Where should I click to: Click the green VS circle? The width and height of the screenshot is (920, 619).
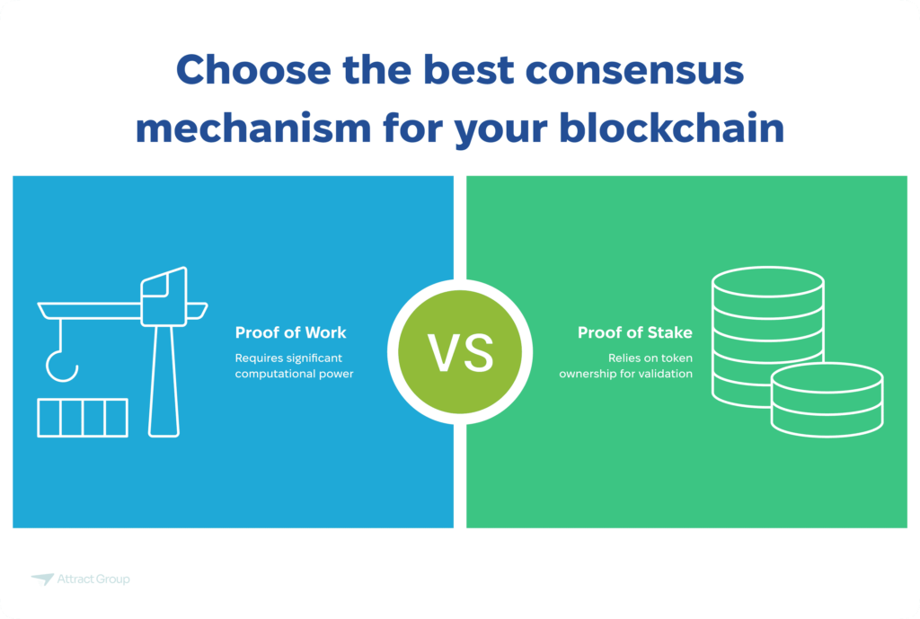pyautogui.click(x=459, y=352)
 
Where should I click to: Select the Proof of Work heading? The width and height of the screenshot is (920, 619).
pyautogui.click(x=290, y=332)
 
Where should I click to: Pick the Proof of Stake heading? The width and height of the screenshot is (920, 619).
pyautogui.click(x=634, y=332)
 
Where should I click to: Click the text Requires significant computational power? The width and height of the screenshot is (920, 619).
pyautogui.click(x=295, y=366)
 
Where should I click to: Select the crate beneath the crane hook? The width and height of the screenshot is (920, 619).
pyautogui.click(x=83, y=418)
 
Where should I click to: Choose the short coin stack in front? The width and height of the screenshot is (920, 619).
pyautogui.click(x=827, y=400)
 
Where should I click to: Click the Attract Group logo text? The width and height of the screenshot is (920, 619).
pyautogui.click(x=94, y=579)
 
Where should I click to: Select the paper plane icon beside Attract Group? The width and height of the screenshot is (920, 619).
pyautogui.click(x=42, y=579)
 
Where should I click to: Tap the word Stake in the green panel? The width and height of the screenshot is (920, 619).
pyautogui.click(x=668, y=332)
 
